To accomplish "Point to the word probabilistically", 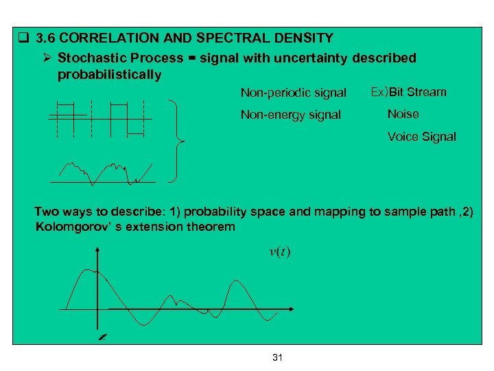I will [110, 75].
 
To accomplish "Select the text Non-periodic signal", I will [293, 93].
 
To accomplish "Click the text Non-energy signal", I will [290, 115].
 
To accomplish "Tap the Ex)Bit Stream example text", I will [408, 92].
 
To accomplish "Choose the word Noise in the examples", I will [403, 114].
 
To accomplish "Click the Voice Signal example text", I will [421, 137].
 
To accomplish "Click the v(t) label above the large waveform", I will [279, 252].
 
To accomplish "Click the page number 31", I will [278, 357].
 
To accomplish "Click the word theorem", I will [212, 227].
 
